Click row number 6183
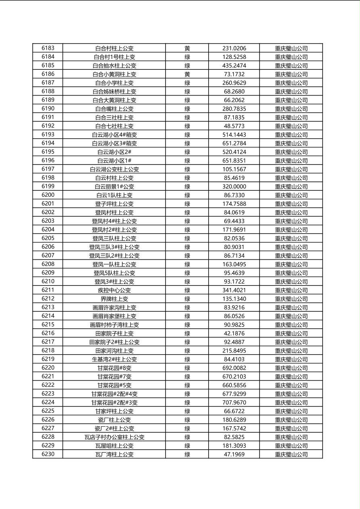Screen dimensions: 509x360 [x=48, y=48]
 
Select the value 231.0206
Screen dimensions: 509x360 [x=234, y=48]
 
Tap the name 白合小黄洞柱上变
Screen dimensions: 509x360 [x=114, y=74]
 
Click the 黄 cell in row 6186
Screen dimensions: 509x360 [x=187, y=74]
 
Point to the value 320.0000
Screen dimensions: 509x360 [x=234, y=187]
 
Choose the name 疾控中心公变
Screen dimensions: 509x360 [x=114, y=290]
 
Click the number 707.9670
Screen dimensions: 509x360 [x=234, y=403]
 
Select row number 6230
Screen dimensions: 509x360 [x=48, y=454]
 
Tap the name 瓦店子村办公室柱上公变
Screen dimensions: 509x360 [x=114, y=437]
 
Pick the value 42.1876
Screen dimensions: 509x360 [x=234, y=334]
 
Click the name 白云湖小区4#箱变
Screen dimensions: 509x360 [x=114, y=135]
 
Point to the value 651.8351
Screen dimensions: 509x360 [x=234, y=161]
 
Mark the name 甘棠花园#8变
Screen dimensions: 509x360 [x=114, y=368]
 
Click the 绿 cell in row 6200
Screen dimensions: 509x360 [x=187, y=195]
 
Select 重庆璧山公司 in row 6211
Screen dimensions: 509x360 [x=291, y=290]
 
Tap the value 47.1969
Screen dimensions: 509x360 [x=234, y=455]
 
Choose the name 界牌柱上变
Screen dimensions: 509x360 [x=114, y=299]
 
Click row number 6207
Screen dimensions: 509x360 [x=48, y=255]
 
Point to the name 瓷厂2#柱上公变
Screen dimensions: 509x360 [x=114, y=428]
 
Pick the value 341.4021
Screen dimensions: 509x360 [x=234, y=290]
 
